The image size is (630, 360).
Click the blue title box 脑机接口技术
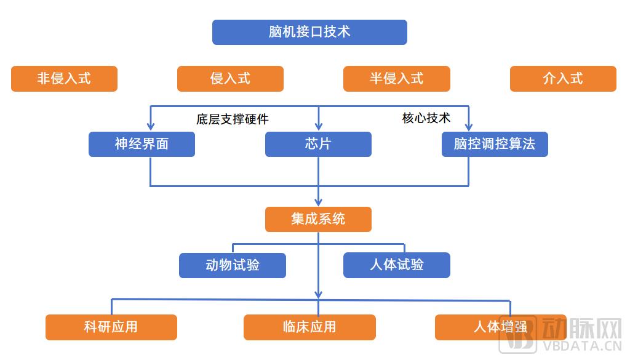click(309, 32)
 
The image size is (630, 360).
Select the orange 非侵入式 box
click(64, 79)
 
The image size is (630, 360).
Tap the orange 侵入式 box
click(230, 79)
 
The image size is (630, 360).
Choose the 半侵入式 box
click(397, 79)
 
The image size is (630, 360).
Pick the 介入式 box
click(563, 79)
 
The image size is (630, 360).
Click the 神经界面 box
click(142, 144)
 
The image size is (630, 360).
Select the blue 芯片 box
click(318, 144)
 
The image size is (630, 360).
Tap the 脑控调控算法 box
click(495, 144)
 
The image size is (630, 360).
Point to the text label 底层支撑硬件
click(232, 119)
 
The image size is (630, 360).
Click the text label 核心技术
click(426, 118)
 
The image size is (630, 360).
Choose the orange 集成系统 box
click(318, 219)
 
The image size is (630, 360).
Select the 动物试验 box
click(232, 265)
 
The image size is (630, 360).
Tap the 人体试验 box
click(397, 265)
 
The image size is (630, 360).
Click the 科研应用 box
click(111, 327)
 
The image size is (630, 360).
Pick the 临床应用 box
click(309, 327)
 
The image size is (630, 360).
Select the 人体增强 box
click(501, 327)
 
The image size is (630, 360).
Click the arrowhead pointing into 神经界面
click(151, 127)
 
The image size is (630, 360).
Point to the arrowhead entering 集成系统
click(319, 202)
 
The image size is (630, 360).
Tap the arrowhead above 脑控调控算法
click(468, 127)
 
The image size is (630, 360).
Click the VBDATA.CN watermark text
click(582, 346)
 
